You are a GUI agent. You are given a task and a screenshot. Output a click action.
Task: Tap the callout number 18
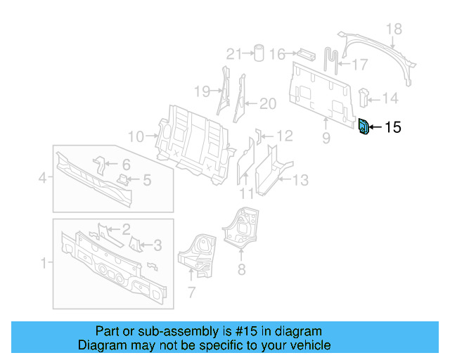pyautogui.click(x=394, y=29)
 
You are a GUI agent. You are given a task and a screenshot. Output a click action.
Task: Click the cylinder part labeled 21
pyautogui.click(x=258, y=53)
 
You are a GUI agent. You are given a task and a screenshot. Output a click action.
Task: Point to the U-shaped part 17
pyautogui.click(x=333, y=58)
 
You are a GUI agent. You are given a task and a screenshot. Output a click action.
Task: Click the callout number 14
pyautogui.click(x=390, y=98)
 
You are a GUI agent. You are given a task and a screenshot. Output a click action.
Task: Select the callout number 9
pyautogui.click(x=326, y=139)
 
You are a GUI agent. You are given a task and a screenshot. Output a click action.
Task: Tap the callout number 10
pyautogui.click(x=136, y=136)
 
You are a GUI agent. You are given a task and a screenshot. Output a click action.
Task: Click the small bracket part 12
pyautogui.click(x=258, y=135)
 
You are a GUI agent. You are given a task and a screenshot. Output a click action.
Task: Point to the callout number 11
pyautogui.click(x=246, y=194)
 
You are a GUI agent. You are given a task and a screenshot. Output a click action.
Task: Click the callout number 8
pyautogui.click(x=241, y=268)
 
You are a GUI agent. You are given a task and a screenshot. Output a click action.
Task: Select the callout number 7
pyautogui.click(x=191, y=292)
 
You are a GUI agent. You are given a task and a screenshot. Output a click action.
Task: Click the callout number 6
pyautogui.click(x=126, y=165)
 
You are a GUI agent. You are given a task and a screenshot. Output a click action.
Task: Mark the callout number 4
pyautogui.click(x=42, y=179)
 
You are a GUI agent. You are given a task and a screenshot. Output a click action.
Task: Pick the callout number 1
pyautogui.click(x=44, y=264)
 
